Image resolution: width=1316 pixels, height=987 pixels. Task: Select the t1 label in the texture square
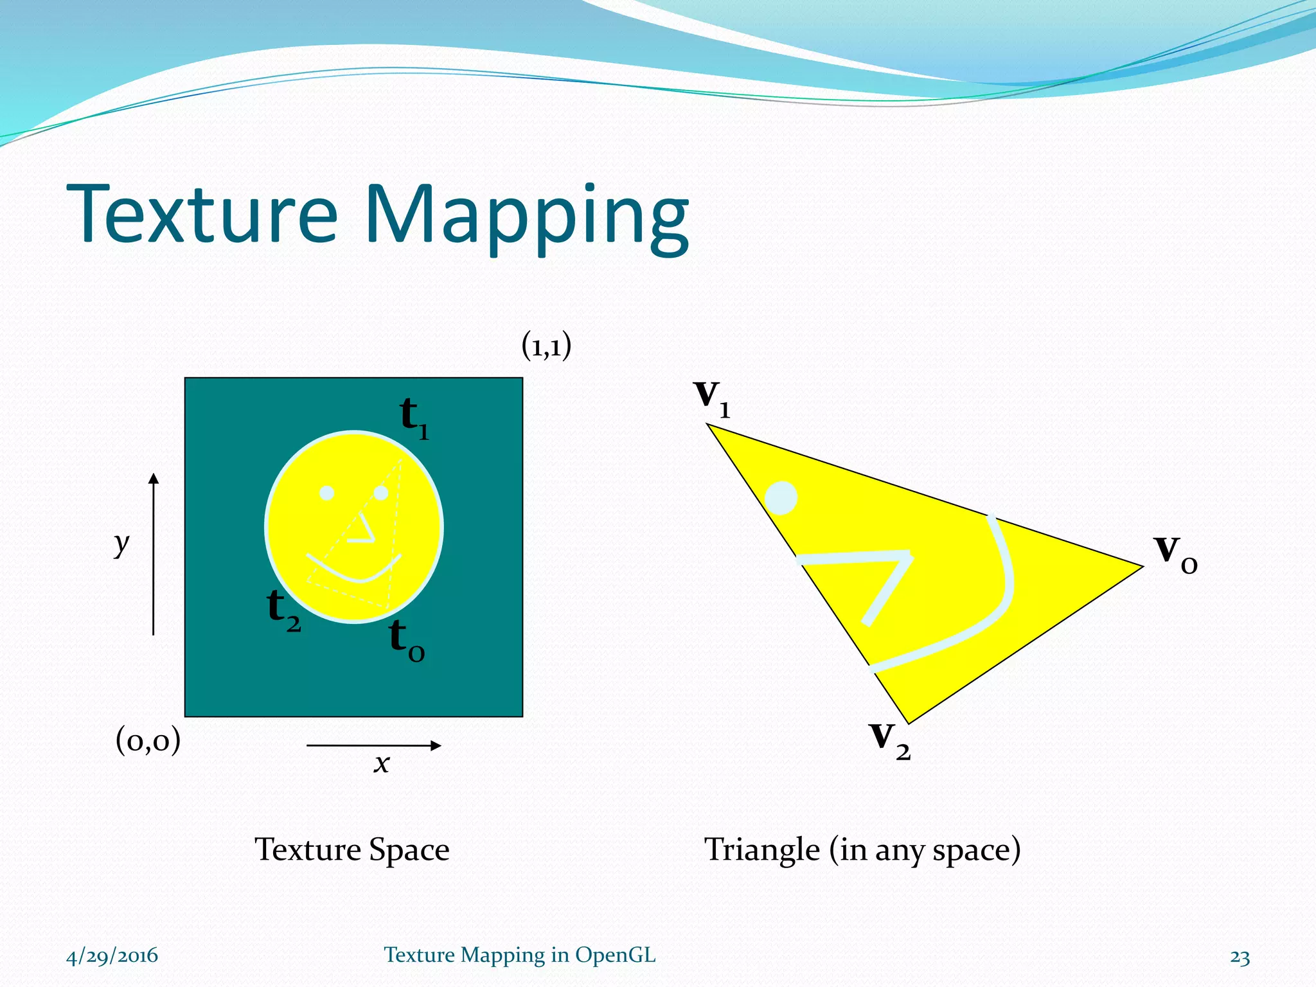[x=413, y=418]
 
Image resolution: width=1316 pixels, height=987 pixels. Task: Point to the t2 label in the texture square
[x=283, y=610]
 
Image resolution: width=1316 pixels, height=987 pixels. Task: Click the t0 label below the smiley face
[x=406, y=641]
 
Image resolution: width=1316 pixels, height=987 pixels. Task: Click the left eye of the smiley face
[x=327, y=493]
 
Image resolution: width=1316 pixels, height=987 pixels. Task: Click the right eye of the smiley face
[x=381, y=493]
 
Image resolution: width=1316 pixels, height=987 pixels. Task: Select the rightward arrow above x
[x=374, y=745]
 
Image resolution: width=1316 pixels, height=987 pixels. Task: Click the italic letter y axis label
[x=121, y=545]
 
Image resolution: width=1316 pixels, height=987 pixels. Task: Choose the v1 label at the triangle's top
[x=712, y=398]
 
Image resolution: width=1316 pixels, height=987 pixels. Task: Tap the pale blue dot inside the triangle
[x=781, y=498]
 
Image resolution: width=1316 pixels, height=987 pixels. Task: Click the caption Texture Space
[x=352, y=849]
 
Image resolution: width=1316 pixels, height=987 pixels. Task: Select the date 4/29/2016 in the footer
[x=112, y=956]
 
